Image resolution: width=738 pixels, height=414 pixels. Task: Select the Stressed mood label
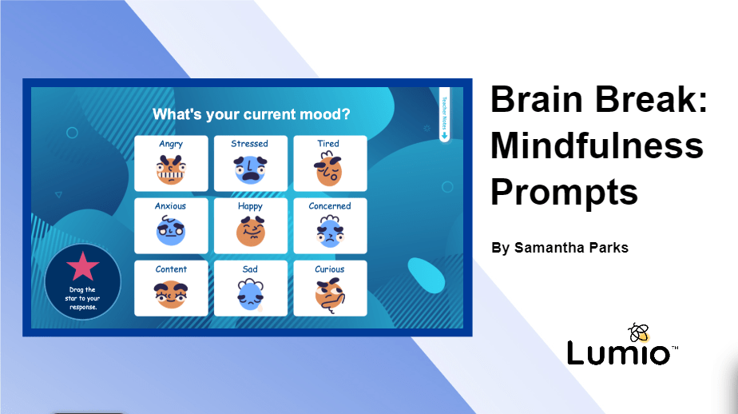click(x=250, y=144)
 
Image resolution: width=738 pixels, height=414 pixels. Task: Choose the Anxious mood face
click(x=171, y=233)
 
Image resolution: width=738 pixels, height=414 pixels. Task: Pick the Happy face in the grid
click(x=250, y=233)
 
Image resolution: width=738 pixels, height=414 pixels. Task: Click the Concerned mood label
click(x=330, y=206)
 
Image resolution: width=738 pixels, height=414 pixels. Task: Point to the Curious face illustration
click(x=329, y=295)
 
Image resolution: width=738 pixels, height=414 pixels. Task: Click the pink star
click(x=83, y=265)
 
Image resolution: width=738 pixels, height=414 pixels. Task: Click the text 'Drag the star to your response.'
click(x=82, y=298)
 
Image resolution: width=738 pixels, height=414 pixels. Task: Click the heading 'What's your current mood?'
click(x=251, y=114)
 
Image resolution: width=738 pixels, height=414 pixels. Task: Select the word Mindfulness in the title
click(x=597, y=145)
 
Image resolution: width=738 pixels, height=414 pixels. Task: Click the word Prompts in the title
click(x=564, y=193)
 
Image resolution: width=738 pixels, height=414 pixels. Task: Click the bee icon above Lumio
click(x=639, y=331)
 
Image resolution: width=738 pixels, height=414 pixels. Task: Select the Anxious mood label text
click(x=170, y=206)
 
